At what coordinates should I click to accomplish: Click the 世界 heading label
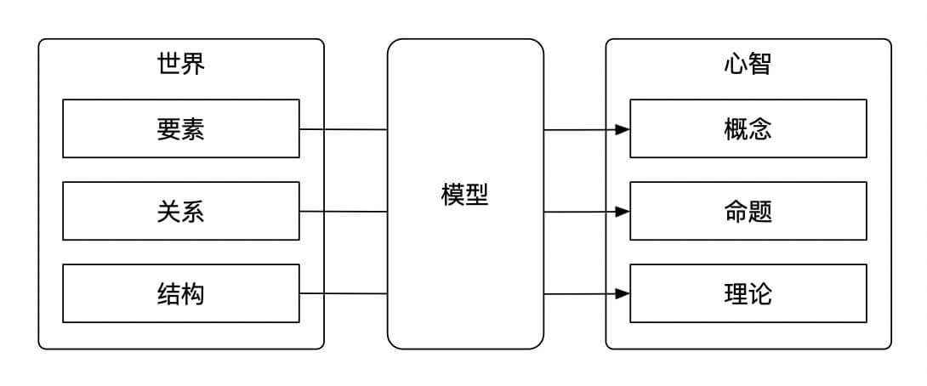pos(181,64)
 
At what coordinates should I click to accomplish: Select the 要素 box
pos(181,128)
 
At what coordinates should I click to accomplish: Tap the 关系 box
pos(181,211)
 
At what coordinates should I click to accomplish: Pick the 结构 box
pos(181,293)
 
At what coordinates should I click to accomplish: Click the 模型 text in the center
pos(465,195)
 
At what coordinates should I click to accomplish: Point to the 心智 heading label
pos(748,64)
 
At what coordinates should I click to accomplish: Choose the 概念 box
pos(748,128)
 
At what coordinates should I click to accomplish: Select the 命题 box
pos(748,211)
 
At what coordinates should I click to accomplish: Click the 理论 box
pos(748,293)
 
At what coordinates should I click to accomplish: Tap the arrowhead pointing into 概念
pos(623,129)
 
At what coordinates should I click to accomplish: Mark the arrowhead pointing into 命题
pos(623,211)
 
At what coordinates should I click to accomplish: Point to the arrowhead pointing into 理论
pos(623,293)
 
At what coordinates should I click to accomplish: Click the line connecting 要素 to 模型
pos(344,129)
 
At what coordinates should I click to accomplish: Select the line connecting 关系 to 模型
pos(344,211)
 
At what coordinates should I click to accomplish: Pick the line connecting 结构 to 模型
pos(344,293)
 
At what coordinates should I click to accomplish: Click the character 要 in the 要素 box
pos(169,128)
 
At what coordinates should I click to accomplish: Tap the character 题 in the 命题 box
pos(760,211)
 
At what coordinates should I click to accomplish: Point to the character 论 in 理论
pos(760,293)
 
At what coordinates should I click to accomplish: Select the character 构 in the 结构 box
pos(193,293)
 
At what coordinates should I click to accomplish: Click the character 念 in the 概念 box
pos(760,128)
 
